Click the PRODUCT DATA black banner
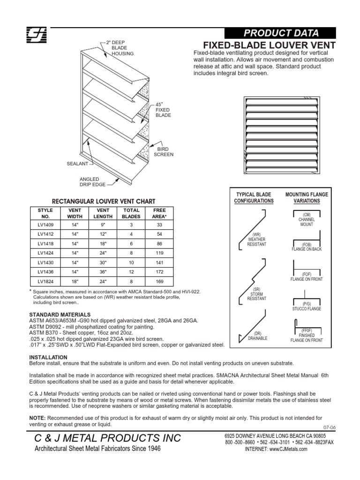pyautogui.click(x=280, y=33)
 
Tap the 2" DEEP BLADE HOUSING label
pyautogui.click(x=122, y=48)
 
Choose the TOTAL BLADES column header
pyautogui.click(x=131, y=213)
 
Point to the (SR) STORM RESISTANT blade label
pyautogui.click(x=256, y=294)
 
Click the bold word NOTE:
pyautogui.click(x=37, y=417)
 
